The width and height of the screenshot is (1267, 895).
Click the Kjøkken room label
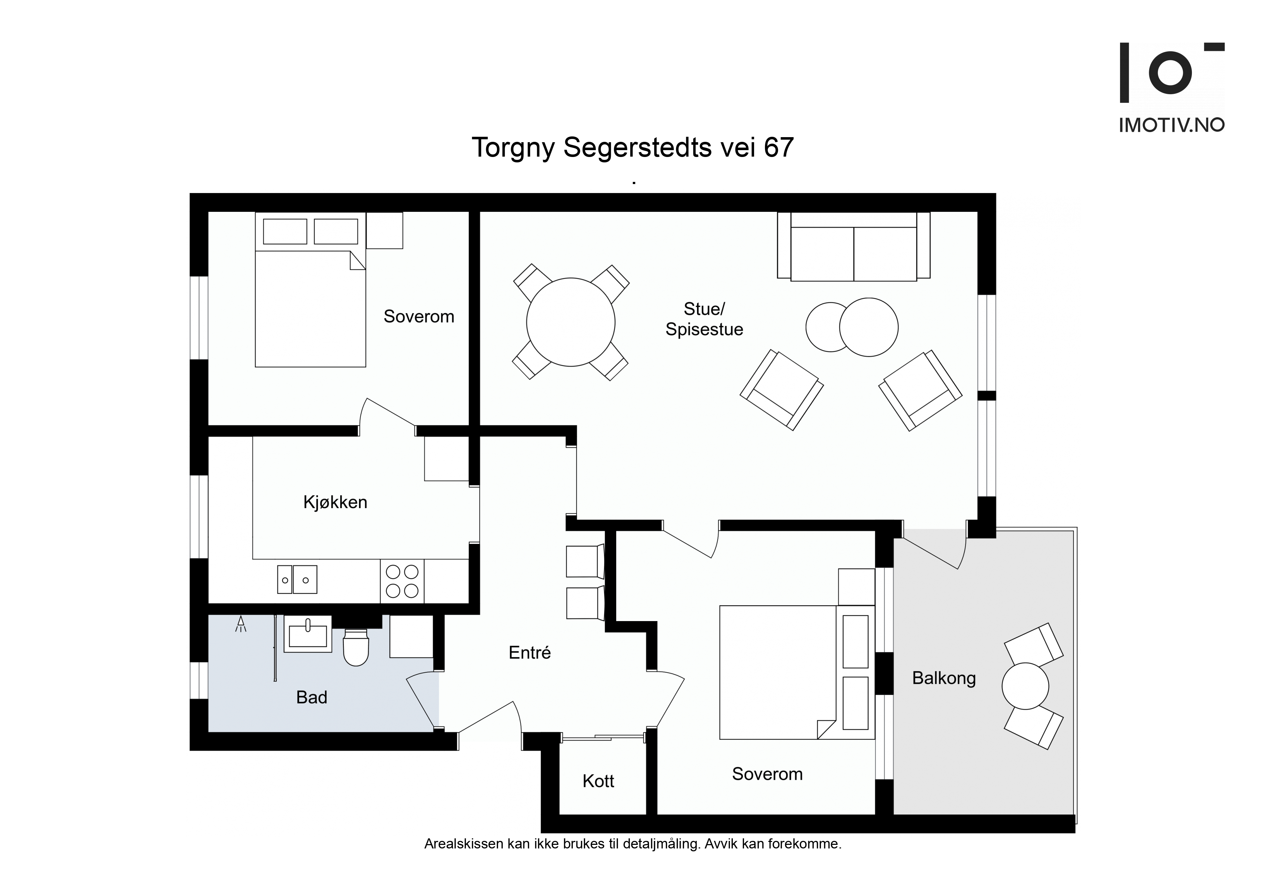pyautogui.click(x=335, y=502)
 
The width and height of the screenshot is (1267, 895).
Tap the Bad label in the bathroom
pyautogui.click(x=312, y=698)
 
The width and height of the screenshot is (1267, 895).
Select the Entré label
pyautogui.click(x=530, y=653)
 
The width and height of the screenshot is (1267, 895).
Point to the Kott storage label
pyautogui.click(x=598, y=781)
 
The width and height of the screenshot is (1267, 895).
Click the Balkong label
pyautogui.click(x=944, y=678)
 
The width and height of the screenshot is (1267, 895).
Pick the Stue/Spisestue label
pyautogui.click(x=704, y=319)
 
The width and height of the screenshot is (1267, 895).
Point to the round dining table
pyautogui.click(x=571, y=322)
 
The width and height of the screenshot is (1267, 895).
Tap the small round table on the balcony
pyautogui.click(x=1025, y=686)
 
